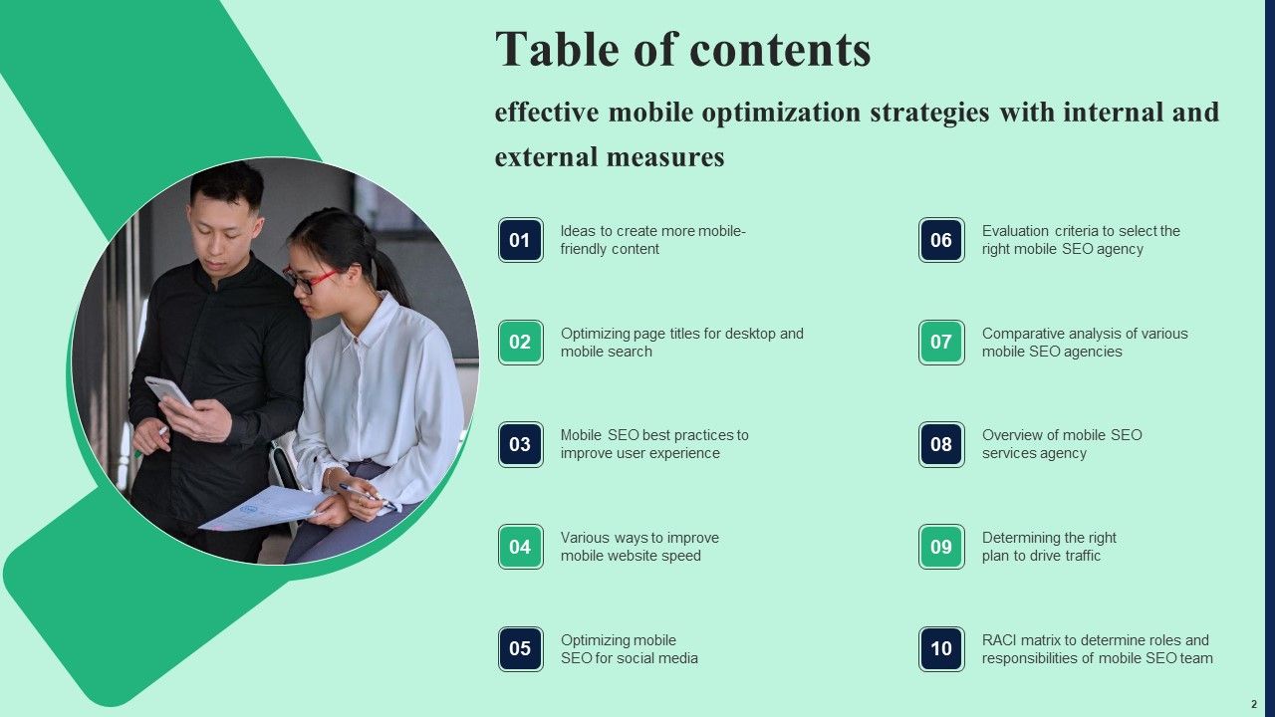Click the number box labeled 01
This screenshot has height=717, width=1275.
520,240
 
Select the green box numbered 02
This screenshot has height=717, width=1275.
520,343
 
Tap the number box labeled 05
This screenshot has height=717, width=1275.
520,649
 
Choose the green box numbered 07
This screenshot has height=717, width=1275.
941,343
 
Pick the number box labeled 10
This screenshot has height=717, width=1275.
941,649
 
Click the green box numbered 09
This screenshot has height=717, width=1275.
941,547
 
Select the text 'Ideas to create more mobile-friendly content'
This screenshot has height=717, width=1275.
652,240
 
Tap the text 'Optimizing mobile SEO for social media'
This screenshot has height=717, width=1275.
629,649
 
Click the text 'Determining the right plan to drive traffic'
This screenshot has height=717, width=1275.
1049,547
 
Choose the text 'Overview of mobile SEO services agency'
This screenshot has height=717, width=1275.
1062,444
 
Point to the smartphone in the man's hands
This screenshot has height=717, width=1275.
168,390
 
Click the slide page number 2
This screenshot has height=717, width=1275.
1253,703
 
